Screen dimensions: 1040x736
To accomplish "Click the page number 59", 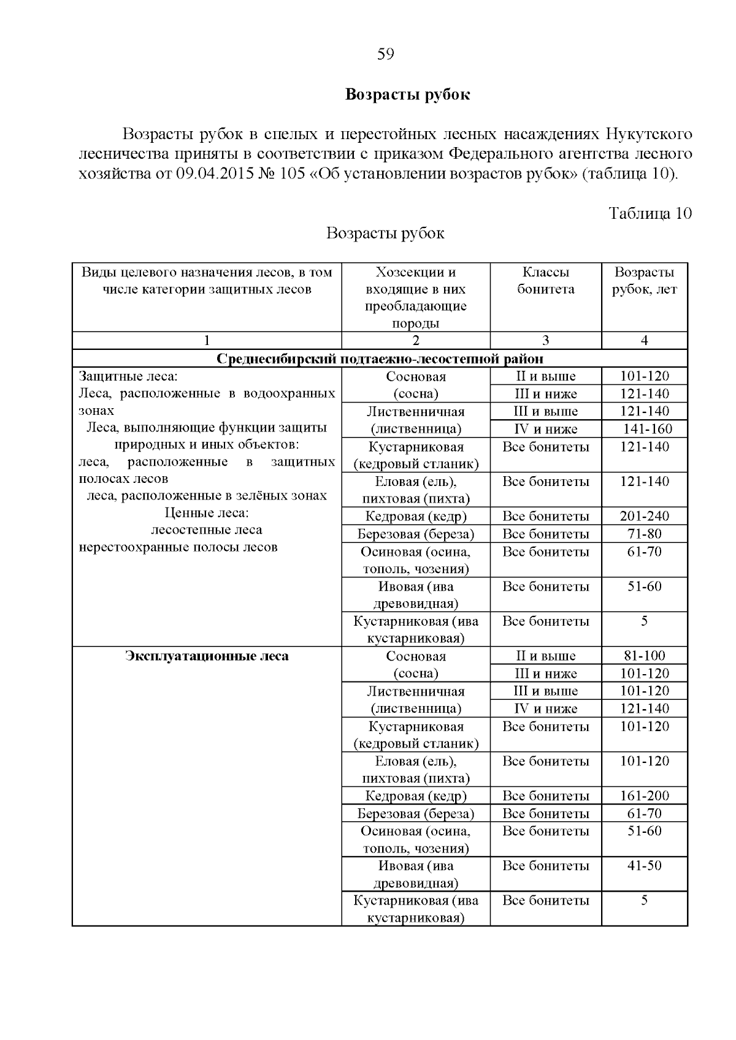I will [x=385, y=55].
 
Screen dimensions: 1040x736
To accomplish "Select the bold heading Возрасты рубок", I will [x=407, y=95].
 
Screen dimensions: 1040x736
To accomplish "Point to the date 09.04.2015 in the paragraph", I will [x=213, y=173].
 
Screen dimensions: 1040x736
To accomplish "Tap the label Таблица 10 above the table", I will [x=650, y=213].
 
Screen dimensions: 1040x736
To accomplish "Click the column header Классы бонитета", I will [x=545, y=281].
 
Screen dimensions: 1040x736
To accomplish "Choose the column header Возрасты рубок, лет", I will [x=644, y=281].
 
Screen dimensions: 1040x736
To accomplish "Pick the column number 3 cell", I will [x=545, y=341].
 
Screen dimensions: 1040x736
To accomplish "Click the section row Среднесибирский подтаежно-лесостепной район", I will [x=380, y=359].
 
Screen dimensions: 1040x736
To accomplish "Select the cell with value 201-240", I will [x=644, y=516].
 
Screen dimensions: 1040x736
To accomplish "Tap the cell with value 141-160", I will [x=647, y=429].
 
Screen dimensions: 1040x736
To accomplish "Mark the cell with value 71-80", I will [x=644, y=534].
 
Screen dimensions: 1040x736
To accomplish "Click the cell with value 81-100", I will [x=644, y=656].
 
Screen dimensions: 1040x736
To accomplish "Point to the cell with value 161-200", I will [x=644, y=796].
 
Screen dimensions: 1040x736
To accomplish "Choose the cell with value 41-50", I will [x=644, y=866].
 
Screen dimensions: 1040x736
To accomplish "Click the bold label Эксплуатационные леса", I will [x=207, y=656].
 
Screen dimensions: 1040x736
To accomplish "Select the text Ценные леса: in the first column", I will [x=207, y=513].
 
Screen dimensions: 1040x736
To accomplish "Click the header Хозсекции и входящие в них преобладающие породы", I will [x=416, y=298].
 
